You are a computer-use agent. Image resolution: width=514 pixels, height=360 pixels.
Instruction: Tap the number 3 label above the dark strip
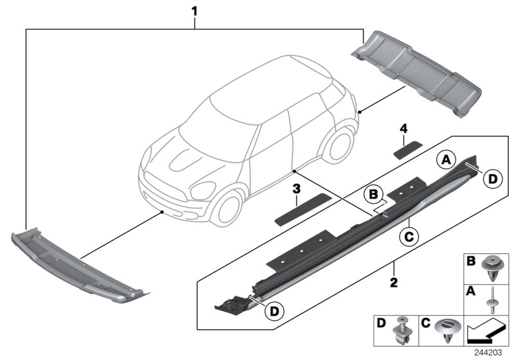296,189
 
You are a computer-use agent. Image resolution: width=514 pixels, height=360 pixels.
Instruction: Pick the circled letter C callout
406,237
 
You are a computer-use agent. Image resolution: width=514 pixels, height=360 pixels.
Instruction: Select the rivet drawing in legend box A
493,300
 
